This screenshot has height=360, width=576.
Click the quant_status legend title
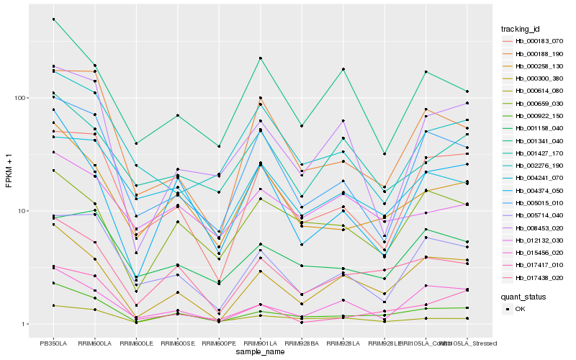524,296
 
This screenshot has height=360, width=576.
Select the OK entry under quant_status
520,309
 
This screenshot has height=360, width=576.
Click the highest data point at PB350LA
53,19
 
